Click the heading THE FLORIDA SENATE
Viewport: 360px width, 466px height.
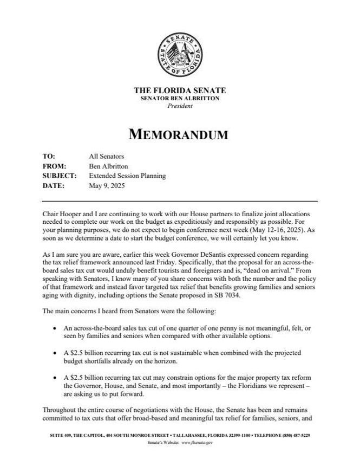coord(180,90)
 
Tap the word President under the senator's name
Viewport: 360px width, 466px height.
coord(180,106)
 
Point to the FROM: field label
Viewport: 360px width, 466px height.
coord(54,166)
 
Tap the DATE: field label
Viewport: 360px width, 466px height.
coord(54,186)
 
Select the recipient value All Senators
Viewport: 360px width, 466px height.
coord(107,157)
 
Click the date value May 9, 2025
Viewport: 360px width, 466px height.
coord(106,186)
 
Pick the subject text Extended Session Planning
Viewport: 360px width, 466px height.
coord(127,176)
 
